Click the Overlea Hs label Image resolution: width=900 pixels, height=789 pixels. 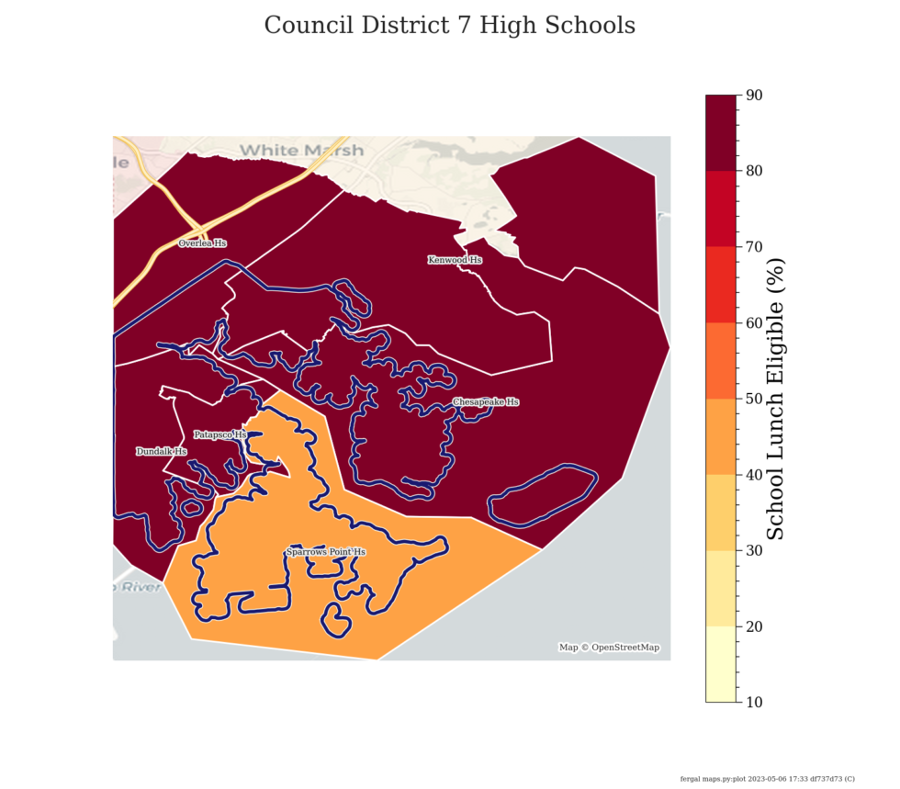[x=202, y=243]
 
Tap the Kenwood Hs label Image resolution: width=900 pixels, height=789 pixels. [x=455, y=260]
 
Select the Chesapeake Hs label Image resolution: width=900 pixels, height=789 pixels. [x=486, y=402]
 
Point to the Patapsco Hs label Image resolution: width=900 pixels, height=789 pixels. [x=220, y=434]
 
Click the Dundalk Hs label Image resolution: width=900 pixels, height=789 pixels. [x=162, y=452]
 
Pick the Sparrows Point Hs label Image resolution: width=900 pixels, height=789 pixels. [x=326, y=552]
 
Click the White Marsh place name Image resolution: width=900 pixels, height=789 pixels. [x=301, y=150]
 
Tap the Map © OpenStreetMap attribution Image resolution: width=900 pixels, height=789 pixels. [x=609, y=648]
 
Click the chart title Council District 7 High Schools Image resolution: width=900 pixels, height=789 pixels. [x=450, y=26]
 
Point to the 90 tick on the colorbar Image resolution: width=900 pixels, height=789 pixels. [x=755, y=95]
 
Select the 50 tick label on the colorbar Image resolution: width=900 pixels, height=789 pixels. [x=755, y=399]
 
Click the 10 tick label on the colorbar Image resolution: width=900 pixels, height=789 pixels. [x=755, y=703]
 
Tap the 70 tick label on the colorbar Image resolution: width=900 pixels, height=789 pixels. [x=755, y=247]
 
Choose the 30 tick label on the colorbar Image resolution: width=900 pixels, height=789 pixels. [x=755, y=550]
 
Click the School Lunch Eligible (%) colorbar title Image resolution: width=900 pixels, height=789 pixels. [x=776, y=399]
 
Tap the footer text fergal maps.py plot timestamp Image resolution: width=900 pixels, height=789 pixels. [x=767, y=778]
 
